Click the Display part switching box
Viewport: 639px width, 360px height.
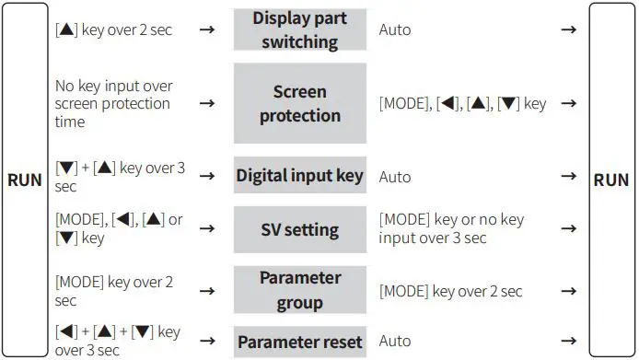(x=299, y=29)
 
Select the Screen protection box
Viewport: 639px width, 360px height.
(x=299, y=103)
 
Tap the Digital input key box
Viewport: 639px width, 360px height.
(x=299, y=176)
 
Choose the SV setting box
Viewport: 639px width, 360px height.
(x=299, y=230)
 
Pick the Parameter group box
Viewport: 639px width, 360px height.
(x=299, y=290)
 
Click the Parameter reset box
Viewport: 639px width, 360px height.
(x=299, y=342)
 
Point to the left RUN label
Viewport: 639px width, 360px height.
(x=25, y=180)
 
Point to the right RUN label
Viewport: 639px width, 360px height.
(x=611, y=180)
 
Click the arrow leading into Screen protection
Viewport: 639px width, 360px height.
(x=208, y=103)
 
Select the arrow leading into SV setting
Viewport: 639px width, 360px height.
(x=208, y=230)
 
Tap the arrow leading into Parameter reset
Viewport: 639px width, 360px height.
(x=208, y=342)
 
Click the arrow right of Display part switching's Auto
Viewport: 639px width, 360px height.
(x=568, y=29)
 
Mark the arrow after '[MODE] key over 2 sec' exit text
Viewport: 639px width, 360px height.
(x=568, y=291)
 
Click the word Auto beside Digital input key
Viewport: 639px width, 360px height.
(x=395, y=176)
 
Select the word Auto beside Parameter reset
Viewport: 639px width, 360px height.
(x=395, y=342)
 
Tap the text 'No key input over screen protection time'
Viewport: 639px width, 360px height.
(x=113, y=103)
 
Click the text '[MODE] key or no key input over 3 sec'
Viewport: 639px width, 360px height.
(x=451, y=230)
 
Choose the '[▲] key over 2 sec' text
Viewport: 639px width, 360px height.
(x=114, y=29)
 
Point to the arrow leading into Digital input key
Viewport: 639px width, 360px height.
(x=208, y=176)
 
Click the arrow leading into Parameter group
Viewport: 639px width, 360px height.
(x=208, y=291)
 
